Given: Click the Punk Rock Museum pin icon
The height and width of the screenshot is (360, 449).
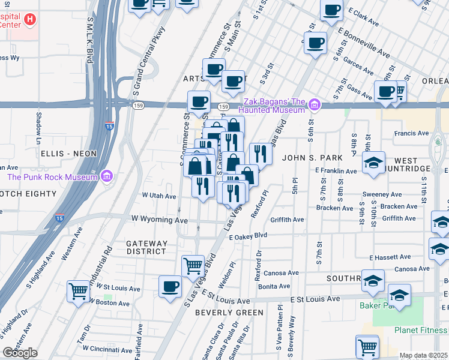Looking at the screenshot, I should (x=107, y=176).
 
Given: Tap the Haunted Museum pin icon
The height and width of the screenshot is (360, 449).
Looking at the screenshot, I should (x=313, y=106).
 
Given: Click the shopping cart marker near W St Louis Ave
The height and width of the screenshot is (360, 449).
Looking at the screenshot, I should (x=78, y=291).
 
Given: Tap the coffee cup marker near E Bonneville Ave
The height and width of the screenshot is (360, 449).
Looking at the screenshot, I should (x=315, y=43).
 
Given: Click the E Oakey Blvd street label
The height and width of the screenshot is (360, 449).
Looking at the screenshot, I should (x=247, y=236).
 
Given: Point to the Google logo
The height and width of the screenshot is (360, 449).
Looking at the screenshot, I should (x=20, y=353).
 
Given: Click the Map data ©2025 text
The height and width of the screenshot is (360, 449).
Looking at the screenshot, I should (x=423, y=355).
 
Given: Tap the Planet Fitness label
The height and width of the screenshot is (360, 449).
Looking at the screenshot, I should (x=421, y=330).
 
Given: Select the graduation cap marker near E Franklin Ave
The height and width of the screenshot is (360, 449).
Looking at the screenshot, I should (x=373, y=163).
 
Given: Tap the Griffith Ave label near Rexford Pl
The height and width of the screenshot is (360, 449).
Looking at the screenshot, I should (x=287, y=220).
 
